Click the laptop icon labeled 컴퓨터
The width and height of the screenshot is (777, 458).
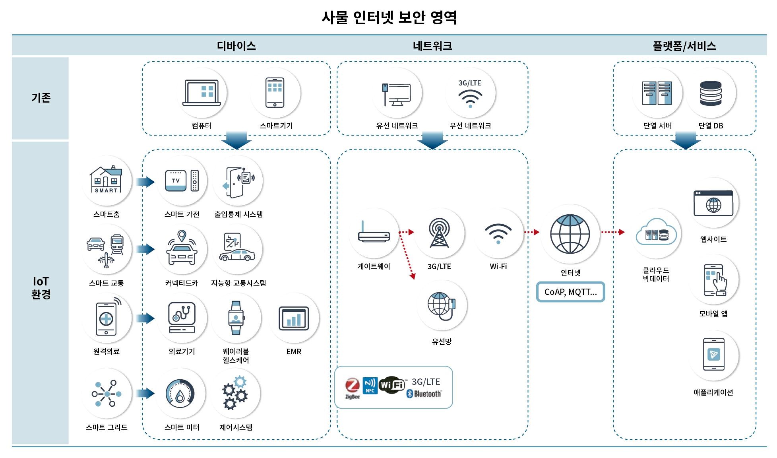coord(202,93)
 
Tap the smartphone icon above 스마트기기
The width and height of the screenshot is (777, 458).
coord(275,93)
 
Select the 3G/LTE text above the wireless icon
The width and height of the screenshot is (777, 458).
coord(470,83)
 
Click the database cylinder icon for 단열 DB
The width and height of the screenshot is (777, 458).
coord(711,93)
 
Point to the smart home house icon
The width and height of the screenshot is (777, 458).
coord(106,180)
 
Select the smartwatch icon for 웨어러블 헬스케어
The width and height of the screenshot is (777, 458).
coord(236,318)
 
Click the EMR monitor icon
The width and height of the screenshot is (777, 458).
coord(294,318)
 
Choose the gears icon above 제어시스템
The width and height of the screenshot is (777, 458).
coord(235,393)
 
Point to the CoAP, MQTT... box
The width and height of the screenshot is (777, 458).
coord(570,292)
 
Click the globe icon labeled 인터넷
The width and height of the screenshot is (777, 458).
coord(570,234)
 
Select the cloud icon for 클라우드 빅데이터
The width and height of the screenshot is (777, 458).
coord(656,233)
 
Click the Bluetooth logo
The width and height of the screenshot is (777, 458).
coord(424,394)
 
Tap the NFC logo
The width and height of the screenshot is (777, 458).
coord(370,385)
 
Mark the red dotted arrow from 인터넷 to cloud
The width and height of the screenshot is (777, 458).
coord(612,232)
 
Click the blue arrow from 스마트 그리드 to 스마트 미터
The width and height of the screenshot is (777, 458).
coord(145,393)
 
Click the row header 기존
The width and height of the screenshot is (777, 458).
coord(41,98)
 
